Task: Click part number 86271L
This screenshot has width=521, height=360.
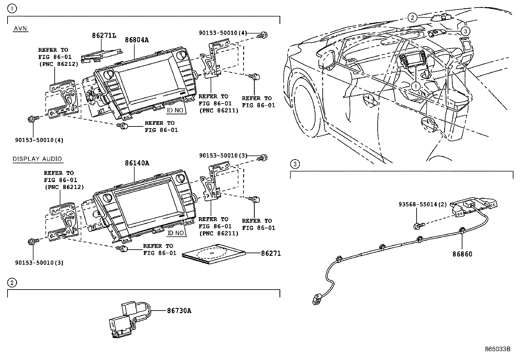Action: pyautogui.click(x=104, y=35)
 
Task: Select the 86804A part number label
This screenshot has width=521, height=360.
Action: pyautogui.click(x=137, y=40)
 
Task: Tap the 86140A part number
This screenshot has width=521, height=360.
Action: pyautogui.click(x=137, y=163)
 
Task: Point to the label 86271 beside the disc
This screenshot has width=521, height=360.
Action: pyautogui.click(x=271, y=253)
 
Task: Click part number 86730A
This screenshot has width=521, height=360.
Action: pyautogui.click(x=179, y=311)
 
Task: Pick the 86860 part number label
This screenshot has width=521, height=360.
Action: pyautogui.click(x=462, y=254)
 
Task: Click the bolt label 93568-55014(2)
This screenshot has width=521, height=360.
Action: pyautogui.click(x=422, y=204)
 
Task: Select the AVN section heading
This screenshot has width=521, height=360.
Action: pyautogui.click(x=20, y=29)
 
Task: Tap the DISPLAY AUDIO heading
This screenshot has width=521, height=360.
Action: pyautogui.click(x=37, y=159)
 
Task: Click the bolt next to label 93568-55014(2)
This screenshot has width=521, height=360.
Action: pyautogui.click(x=419, y=225)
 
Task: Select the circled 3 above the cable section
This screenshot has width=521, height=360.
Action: pyautogui.click(x=295, y=164)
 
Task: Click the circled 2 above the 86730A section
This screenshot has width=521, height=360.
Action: pyautogui.click(x=12, y=282)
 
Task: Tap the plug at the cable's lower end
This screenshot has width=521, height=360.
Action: pyautogui.click(x=316, y=299)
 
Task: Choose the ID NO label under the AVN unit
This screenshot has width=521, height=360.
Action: pyautogui.click(x=175, y=110)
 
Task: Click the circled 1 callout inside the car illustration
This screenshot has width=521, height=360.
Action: pyautogui.click(x=415, y=86)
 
